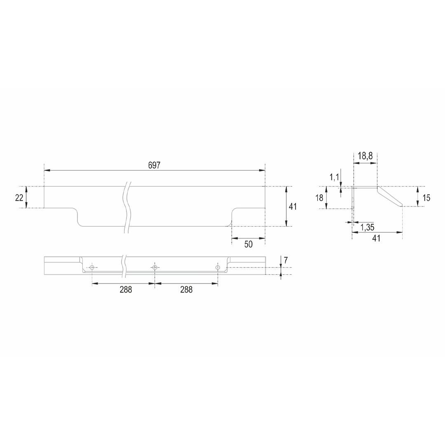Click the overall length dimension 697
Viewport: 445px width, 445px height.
[154, 165]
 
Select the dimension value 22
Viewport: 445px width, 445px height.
[19, 197]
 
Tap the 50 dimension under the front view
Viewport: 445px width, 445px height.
[248, 244]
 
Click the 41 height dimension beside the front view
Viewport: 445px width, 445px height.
[293, 206]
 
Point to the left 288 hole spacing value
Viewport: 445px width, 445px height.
[126, 290]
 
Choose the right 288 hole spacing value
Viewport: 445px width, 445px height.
[186, 290]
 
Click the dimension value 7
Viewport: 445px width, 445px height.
[286, 260]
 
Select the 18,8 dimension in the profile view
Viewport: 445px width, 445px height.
[365, 156]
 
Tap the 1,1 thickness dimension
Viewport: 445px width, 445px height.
[334, 177]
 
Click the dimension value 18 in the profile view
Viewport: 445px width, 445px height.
[319, 197]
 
